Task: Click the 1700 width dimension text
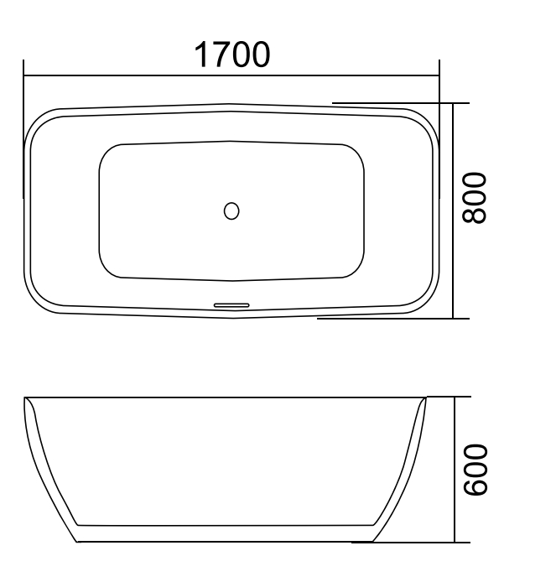click(232, 55)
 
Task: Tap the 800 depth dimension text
click(475, 198)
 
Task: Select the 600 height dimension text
click(475, 470)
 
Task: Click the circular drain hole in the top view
click(231, 210)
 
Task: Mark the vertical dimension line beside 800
click(454, 252)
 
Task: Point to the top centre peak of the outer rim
click(231, 105)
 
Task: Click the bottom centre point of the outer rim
click(233, 318)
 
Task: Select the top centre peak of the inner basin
click(231, 140)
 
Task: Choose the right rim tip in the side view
click(423, 399)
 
